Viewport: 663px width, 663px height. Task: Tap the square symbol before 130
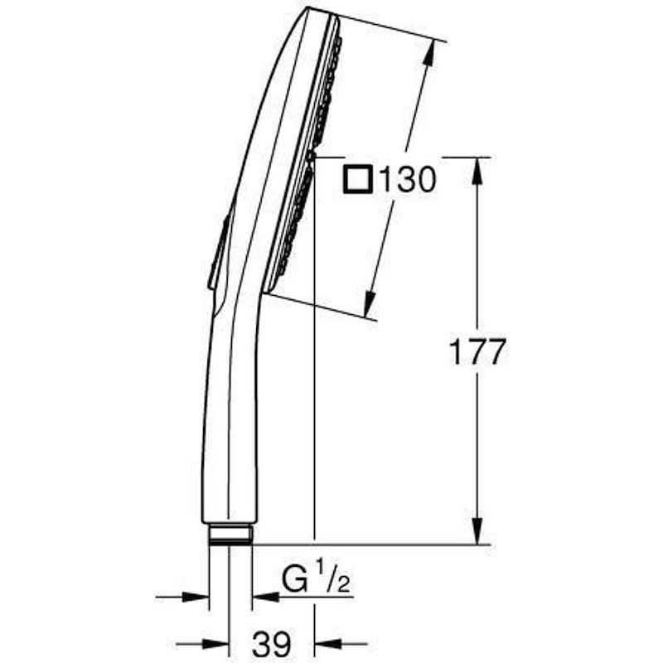pyautogui.click(x=358, y=178)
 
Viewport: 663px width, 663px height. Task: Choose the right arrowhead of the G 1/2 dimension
pyautogui.click(x=263, y=595)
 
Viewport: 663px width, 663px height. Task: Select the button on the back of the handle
pyautogui.click(x=218, y=253)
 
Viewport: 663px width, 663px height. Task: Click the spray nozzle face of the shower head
pyautogui.click(x=306, y=157)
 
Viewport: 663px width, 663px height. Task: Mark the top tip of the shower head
pyautogui.click(x=310, y=11)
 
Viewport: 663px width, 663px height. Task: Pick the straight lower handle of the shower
pyautogui.click(x=228, y=431)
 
